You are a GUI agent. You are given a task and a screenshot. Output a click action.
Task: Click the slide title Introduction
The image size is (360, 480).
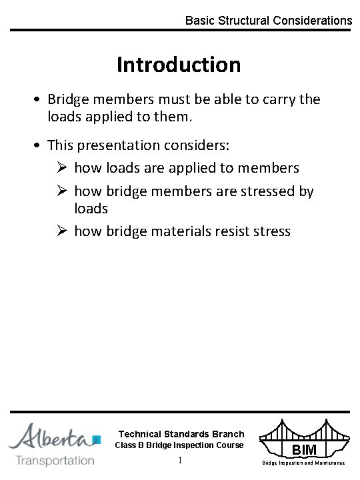(x=179, y=65)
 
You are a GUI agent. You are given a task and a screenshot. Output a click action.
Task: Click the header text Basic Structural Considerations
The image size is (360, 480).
(x=268, y=21)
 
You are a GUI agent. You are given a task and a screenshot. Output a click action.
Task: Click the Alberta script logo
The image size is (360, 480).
(x=53, y=437)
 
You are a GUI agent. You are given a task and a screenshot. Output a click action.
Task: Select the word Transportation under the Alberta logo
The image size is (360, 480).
(x=55, y=460)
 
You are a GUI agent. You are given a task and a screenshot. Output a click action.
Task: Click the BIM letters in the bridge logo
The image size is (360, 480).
(x=304, y=450)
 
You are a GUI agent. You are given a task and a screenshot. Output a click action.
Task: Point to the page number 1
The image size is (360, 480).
(x=180, y=461)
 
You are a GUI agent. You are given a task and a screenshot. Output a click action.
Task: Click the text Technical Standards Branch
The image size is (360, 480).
(x=181, y=434)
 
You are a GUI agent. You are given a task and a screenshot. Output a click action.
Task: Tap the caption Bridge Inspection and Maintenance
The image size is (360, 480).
(x=303, y=463)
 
